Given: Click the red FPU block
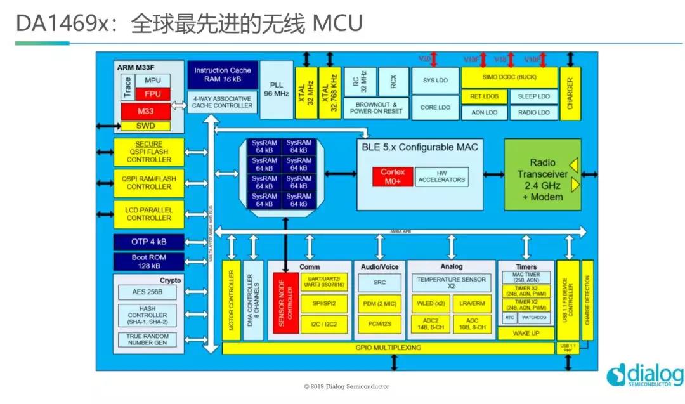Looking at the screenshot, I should click(152, 94).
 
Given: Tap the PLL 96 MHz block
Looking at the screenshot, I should click(277, 89).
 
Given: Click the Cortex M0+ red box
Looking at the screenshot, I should click(393, 176).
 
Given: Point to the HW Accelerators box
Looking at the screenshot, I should click(441, 176).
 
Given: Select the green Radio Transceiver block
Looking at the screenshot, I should click(542, 174).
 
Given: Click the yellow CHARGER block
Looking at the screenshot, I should click(570, 93).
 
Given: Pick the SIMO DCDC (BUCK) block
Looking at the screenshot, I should click(509, 77).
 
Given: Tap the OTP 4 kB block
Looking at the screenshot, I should click(148, 242).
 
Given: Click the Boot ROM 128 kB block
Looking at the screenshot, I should click(148, 261).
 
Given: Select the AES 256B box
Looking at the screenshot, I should click(148, 292).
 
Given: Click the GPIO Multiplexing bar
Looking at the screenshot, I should click(388, 348).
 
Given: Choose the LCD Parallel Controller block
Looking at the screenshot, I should click(148, 214).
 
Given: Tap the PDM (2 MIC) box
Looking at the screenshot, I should click(379, 303).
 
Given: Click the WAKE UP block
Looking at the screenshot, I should click(526, 334).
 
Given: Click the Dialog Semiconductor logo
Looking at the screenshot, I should click(644, 375).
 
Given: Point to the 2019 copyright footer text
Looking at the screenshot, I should click(346, 386).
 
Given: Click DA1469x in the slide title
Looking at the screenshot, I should click(53, 23).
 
